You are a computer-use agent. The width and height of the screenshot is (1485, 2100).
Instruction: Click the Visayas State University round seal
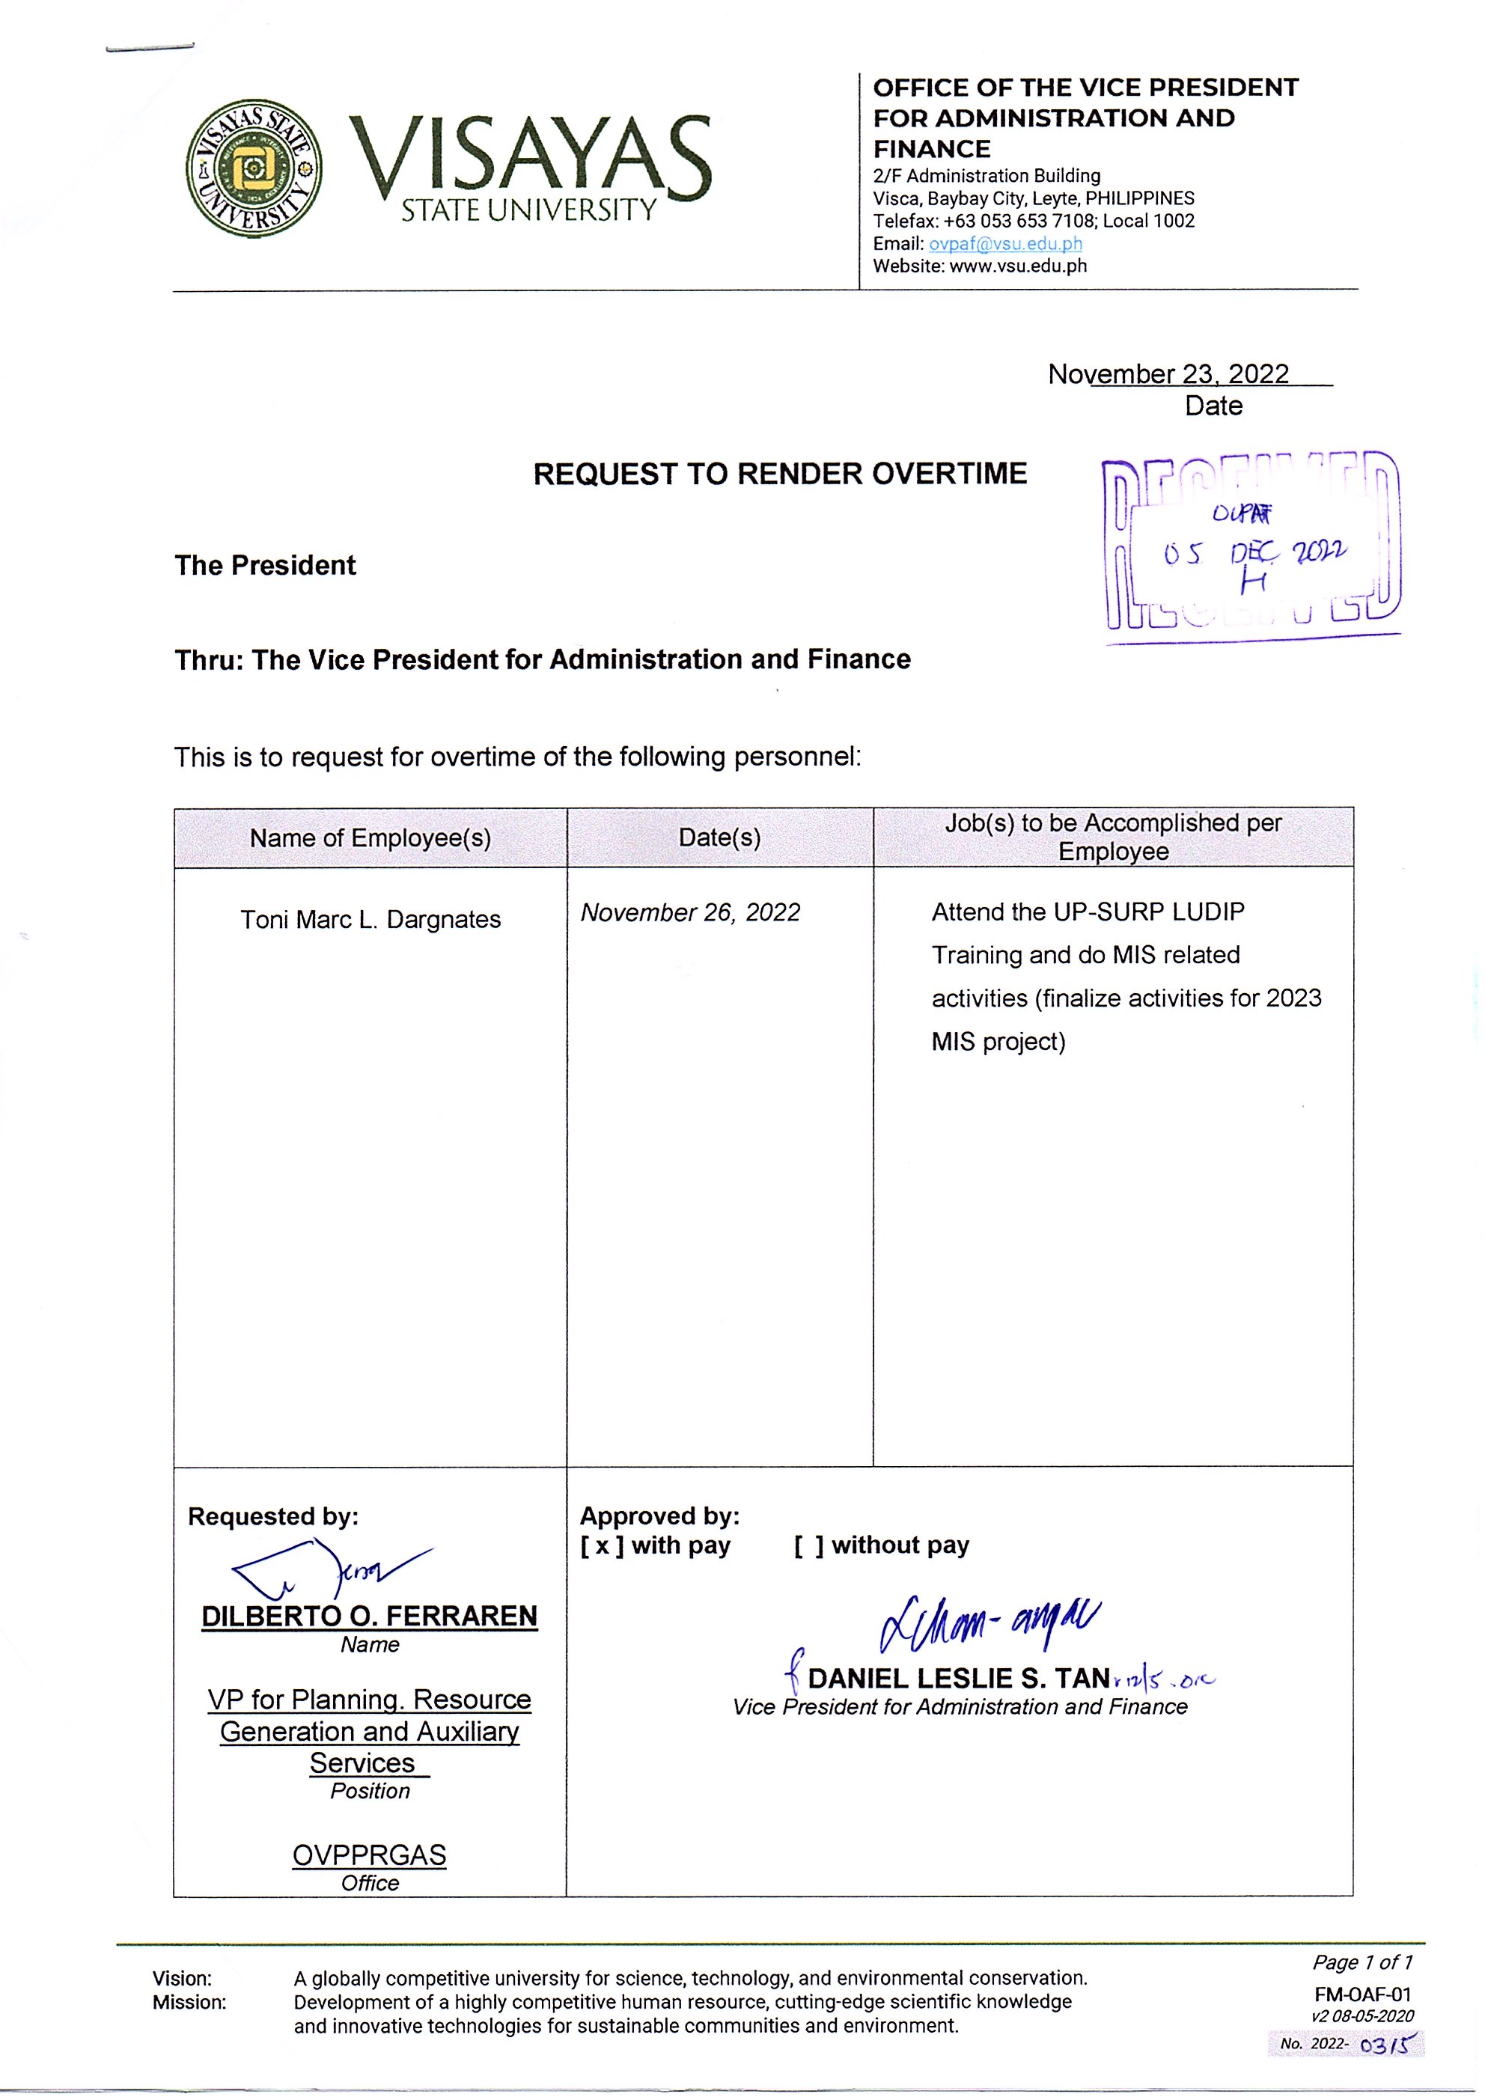click(x=254, y=168)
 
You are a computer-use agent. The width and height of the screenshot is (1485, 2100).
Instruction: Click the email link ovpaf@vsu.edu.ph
click(x=1004, y=243)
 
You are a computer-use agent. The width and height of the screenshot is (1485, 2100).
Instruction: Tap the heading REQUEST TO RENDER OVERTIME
click(x=780, y=474)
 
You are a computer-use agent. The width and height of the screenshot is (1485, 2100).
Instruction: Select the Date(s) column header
click(x=719, y=837)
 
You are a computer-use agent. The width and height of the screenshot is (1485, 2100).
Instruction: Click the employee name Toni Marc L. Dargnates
click(x=370, y=919)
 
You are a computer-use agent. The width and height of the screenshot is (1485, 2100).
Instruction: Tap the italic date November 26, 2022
click(x=690, y=913)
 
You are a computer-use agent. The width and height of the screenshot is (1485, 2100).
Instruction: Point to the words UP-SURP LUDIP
click(x=1148, y=912)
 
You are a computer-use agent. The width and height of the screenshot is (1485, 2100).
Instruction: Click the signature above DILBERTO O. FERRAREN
click(x=329, y=1568)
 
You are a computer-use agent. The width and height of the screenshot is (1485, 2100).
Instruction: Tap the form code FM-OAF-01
click(x=1361, y=1994)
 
